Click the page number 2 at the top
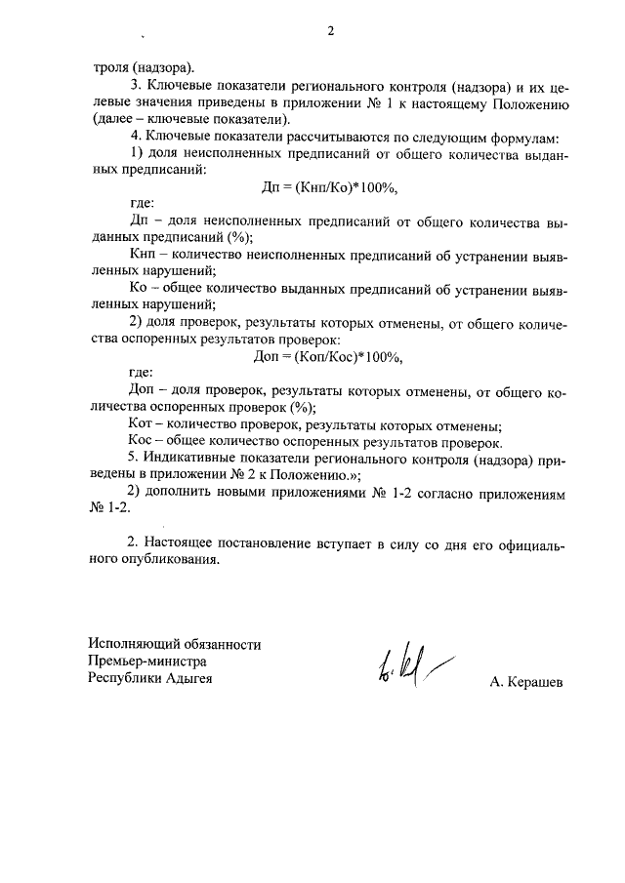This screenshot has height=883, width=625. (330, 31)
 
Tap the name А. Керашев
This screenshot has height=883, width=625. (527, 683)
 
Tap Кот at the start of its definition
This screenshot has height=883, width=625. (142, 424)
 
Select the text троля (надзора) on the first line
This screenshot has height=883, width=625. (144, 67)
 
